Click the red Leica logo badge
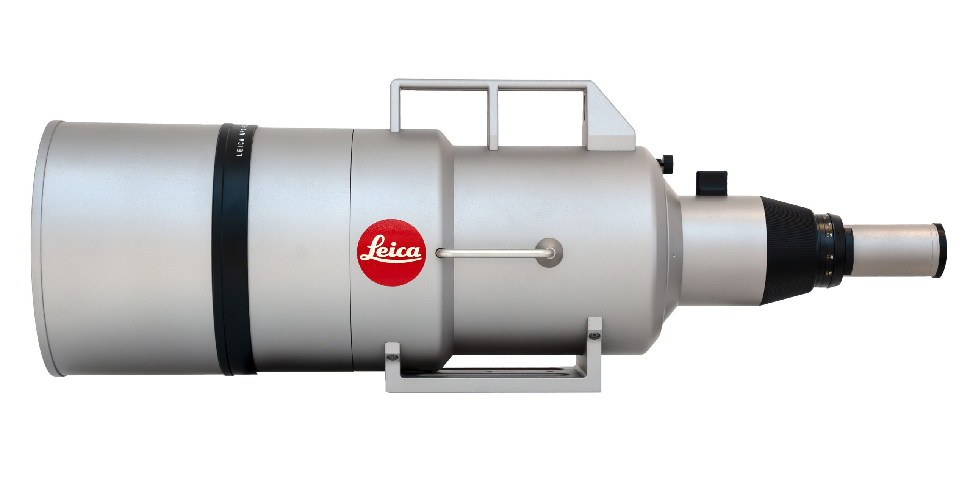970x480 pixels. click(391, 252)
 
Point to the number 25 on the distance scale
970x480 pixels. click(830, 273)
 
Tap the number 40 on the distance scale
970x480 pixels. click(831, 235)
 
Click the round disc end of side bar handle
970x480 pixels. click(549, 252)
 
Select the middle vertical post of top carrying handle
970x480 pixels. click(493, 118)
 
